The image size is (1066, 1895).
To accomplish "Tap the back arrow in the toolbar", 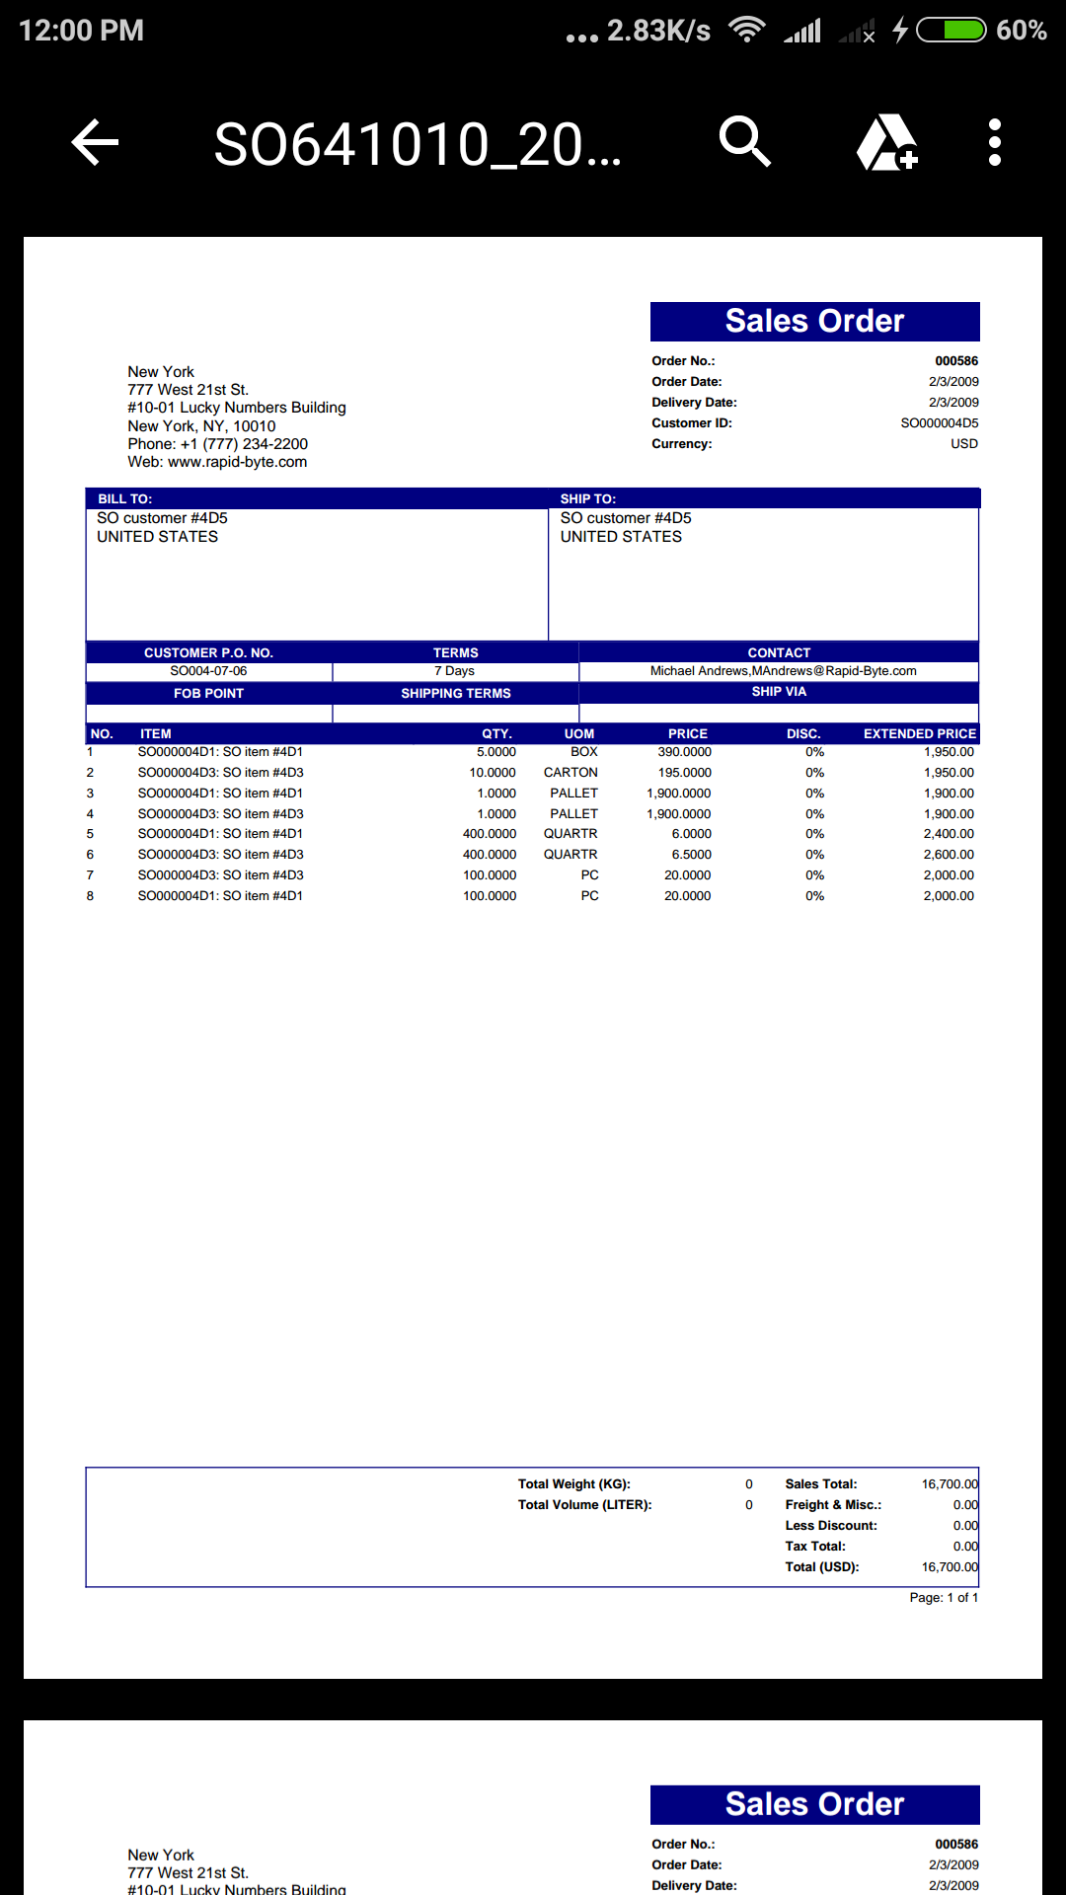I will tap(96, 142).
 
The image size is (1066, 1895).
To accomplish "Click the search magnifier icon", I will tap(744, 142).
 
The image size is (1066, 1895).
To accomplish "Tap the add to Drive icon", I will tap(886, 142).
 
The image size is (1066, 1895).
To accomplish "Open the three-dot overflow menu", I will tap(994, 142).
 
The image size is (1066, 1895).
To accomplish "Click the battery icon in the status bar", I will tap(952, 31).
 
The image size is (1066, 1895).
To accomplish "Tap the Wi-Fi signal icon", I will tap(747, 30).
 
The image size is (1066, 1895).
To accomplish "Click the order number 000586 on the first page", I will tap(956, 361).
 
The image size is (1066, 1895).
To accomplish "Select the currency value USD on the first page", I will tap(964, 444).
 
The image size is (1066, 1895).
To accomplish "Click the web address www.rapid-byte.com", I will tap(237, 462).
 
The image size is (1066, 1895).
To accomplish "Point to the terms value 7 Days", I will tap(454, 671).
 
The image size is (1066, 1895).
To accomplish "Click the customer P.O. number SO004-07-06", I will tap(208, 671).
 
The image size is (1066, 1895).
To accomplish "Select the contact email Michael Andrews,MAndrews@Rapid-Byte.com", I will tap(783, 671).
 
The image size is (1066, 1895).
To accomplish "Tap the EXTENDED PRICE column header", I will tap(919, 733).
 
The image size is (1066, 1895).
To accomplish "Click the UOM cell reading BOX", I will tap(583, 752).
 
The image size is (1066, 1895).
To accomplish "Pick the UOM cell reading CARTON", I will tap(571, 773).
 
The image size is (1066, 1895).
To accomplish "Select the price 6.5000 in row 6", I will tap(691, 855).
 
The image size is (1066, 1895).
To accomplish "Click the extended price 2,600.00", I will tap(948, 855).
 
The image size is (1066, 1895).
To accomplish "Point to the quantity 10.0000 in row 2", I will tap(492, 773).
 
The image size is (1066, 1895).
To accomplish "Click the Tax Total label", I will tap(815, 1547).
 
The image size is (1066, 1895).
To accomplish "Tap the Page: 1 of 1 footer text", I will tap(944, 1598).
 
